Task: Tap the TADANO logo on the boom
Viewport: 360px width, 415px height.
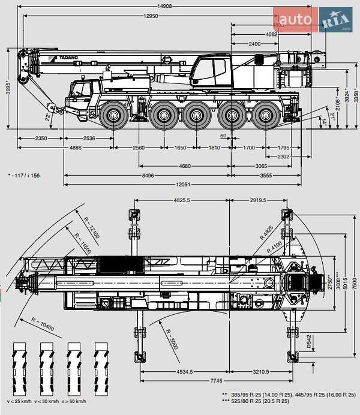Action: (x=67, y=58)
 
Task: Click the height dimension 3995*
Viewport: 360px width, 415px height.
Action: (x=8, y=89)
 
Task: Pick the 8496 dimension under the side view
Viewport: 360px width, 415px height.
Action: (x=147, y=175)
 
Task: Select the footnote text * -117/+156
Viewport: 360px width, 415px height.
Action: (x=24, y=176)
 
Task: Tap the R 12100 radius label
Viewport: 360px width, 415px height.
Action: (x=91, y=227)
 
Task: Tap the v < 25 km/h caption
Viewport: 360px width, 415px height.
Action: (x=19, y=401)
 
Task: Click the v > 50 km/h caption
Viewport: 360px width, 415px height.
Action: (x=74, y=401)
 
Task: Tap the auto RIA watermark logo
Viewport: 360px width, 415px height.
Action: (x=313, y=20)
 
